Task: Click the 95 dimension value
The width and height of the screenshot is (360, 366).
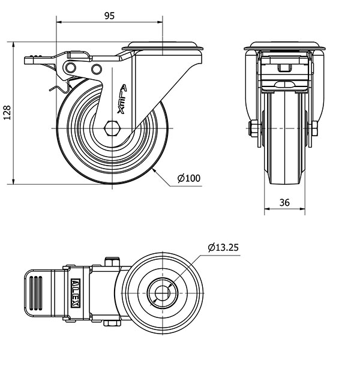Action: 109,16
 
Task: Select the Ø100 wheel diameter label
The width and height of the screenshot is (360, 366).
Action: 188,178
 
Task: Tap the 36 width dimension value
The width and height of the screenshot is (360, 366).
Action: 284,203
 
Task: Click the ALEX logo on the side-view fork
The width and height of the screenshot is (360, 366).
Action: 122,99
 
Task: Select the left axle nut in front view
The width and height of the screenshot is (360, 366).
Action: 254,128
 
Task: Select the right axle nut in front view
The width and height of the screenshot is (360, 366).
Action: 314,128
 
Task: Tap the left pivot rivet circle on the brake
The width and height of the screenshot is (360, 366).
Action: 72,67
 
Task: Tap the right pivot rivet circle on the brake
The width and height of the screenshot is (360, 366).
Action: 95,69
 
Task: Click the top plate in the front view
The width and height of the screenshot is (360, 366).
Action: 284,46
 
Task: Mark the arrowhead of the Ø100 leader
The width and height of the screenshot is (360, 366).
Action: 155,170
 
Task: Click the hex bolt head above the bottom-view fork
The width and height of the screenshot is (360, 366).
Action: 112,262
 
